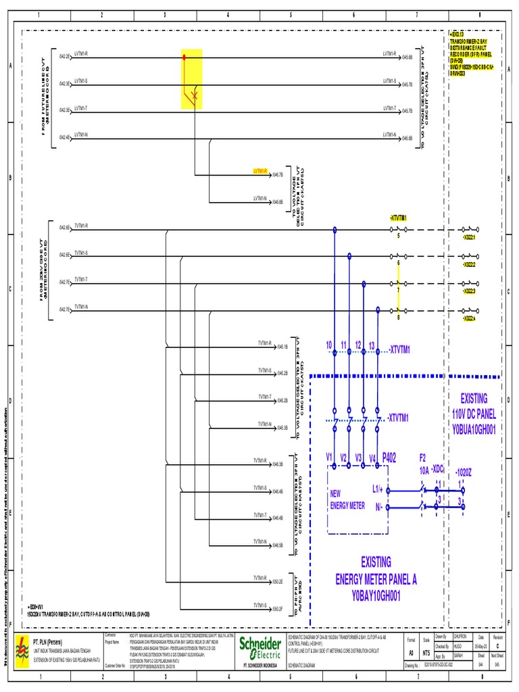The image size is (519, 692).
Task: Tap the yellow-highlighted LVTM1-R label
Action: point(261,171)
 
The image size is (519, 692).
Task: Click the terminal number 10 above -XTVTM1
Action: point(329,345)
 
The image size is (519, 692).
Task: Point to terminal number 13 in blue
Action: point(372,345)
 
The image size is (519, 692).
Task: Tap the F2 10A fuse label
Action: point(424,462)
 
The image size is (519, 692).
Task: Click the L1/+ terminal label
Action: point(378,488)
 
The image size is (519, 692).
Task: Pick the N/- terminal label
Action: point(377,505)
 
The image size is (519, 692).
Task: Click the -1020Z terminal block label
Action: point(464,471)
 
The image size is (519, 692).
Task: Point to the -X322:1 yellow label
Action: point(468,238)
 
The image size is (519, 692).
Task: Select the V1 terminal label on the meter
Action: point(330,457)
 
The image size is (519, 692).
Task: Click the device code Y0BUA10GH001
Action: point(474,429)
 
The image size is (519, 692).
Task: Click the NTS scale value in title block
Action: point(426,653)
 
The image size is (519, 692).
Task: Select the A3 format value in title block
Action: point(410,653)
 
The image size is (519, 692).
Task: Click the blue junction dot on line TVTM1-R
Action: point(334,230)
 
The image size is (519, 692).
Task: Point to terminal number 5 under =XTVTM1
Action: point(398,237)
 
